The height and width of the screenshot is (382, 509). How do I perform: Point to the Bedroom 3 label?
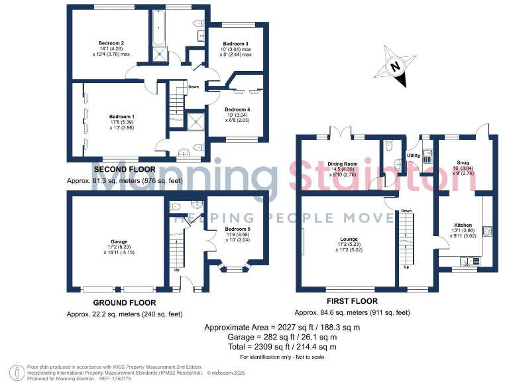(x=235, y=44)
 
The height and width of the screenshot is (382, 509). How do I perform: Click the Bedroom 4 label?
(x=237, y=109)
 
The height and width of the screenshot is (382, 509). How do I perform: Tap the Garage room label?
(x=119, y=241)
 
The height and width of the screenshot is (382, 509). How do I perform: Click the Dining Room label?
(x=342, y=164)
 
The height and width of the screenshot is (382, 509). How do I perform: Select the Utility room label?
(x=414, y=156)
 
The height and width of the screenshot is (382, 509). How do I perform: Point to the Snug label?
(x=463, y=162)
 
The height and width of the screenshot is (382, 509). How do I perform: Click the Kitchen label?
(x=463, y=225)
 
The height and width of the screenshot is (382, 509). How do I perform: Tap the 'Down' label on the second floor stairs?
(x=193, y=87)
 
